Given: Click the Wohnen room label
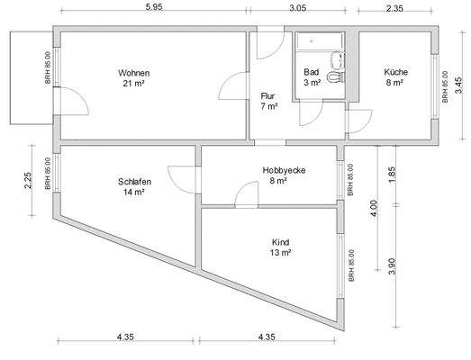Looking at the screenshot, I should coord(133,73).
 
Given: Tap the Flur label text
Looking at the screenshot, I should coord(267,95).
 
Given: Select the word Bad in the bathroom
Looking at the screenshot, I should coord(312,71).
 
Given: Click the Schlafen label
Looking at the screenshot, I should coord(133,182).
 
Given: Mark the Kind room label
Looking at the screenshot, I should coord(280,242).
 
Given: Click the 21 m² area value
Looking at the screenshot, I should coord(133,84).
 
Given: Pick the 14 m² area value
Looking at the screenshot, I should coord(133,193).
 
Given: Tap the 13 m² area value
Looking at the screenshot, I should coord(280,253).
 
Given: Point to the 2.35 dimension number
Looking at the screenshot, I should coord(394,7).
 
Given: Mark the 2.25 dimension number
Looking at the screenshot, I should coord(28,182).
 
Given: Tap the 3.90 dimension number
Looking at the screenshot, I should coord(389,267).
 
